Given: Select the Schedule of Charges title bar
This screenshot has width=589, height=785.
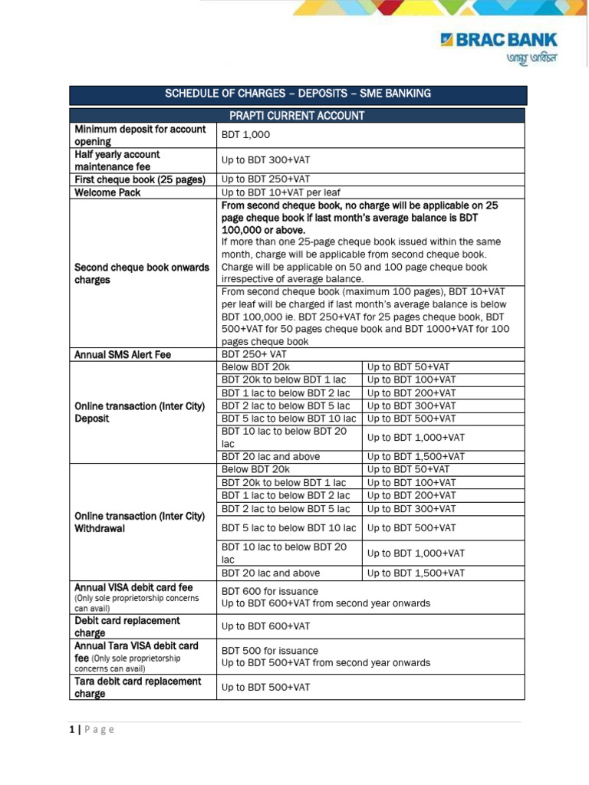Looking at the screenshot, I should click(x=298, y=94).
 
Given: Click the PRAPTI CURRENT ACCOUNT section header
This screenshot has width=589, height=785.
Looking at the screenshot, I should click(x=298, y=116).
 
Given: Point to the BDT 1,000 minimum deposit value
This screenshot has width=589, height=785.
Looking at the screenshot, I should click(x=245, y=135).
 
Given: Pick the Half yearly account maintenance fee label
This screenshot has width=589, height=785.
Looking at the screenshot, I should click(x=117, y=160).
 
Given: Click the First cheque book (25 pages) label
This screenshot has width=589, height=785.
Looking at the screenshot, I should click(x=140, y=179).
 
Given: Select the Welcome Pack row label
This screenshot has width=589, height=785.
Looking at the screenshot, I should click(x=107, y=192).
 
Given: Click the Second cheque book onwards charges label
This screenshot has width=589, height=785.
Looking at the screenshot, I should click(x=141, y=274).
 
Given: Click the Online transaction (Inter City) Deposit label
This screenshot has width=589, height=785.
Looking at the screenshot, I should click(x=140, y=412).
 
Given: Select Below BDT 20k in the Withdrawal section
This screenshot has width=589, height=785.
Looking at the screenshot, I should click(x=255, y=469).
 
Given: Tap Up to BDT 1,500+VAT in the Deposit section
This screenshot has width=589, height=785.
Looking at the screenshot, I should click(x=416, y=456).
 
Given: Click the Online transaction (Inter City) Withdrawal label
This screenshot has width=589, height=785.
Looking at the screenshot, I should click(x=140, y=522).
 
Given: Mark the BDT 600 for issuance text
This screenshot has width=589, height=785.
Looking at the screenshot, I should click(x=269, y=591).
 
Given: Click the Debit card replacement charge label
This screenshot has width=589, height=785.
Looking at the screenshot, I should click(x=127, y=626).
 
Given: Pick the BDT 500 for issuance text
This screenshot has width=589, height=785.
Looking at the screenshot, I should click(x=269, y=650).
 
